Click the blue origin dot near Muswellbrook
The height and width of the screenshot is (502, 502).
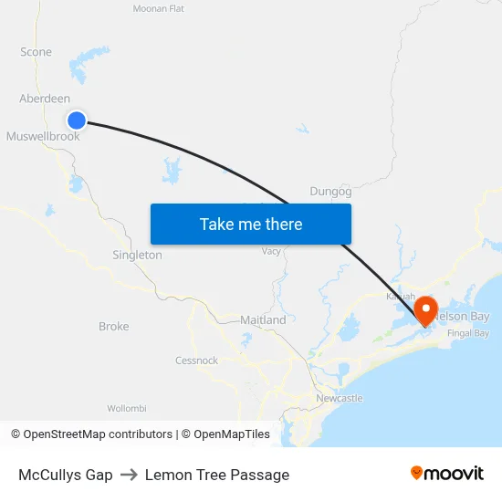pyautogui.click(x=77, y=120)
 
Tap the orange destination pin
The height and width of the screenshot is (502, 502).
pyautogui.click(x=425, y=310)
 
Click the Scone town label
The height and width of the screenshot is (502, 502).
pyautogui.click(x=37, y=52)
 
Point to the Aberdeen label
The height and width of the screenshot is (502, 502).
pyautogui.click(x=44, y=99)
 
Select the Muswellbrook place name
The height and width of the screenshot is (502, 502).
pyautogui.click(x=43, y=136)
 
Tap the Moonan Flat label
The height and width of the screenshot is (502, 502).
pyautogui.click(x=159, y=8)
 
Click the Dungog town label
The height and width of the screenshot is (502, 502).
pyautogui.click(x=330, y=191)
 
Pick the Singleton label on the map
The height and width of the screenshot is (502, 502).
pyautogui.click(x=137, y=256)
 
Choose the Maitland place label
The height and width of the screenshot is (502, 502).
pyautogui.click(x=263, y=320)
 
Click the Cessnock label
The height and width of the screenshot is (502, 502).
pyautogui.click(x=196, y=361)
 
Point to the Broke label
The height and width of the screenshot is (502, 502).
pyautogui.click(x=114, y=326)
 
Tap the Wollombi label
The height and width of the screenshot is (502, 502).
pyautogui.click(x=127, y=408)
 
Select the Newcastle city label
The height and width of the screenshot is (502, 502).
pyautogui.click(x=339, y=399)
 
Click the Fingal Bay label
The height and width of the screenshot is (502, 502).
pyautogui.click(x=469, y=333)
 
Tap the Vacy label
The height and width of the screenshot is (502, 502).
pyautogui.click(x=271, y=251)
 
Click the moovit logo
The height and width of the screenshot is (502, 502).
pyautogui.click(x=446, y=473)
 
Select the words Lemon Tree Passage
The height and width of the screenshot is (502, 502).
pyautogui.click(x=217, y=475)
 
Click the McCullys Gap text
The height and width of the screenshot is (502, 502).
pyautogui.click(x=66, y=475)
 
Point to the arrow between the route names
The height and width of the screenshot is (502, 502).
pyautogui.click(x=129, y=475)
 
